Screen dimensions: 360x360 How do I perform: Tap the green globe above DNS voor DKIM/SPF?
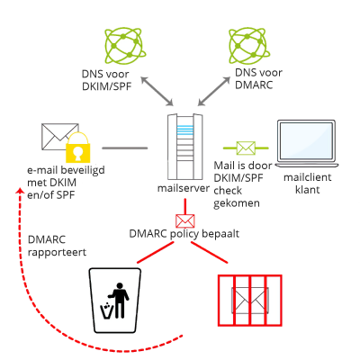coord(125,46)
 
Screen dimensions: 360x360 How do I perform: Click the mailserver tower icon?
coord(184,147)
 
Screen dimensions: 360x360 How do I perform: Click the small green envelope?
coord(246,148)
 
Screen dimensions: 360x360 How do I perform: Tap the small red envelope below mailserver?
coord(184,221)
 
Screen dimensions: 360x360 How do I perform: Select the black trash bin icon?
coord(115,301)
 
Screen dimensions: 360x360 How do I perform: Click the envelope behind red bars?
coord(250,301)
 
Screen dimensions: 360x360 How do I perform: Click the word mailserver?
coord(184,188)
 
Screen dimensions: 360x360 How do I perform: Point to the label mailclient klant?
coord(308,184)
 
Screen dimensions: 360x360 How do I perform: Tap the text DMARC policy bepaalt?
coord(184,234)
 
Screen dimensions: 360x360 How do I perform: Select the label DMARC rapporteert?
coord(57,246)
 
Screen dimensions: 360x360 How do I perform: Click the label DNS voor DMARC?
coord(258,78)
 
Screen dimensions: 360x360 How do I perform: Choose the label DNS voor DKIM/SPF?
coord(106,80)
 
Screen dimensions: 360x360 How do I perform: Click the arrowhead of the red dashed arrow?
coord(21,192)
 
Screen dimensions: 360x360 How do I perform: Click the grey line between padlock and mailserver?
coord(125,148)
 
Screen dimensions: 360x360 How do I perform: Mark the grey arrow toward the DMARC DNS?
coord(213,91)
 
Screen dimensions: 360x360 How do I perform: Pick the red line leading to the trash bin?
coord(156,253)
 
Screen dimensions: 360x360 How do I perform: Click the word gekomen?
coord(237,203)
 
